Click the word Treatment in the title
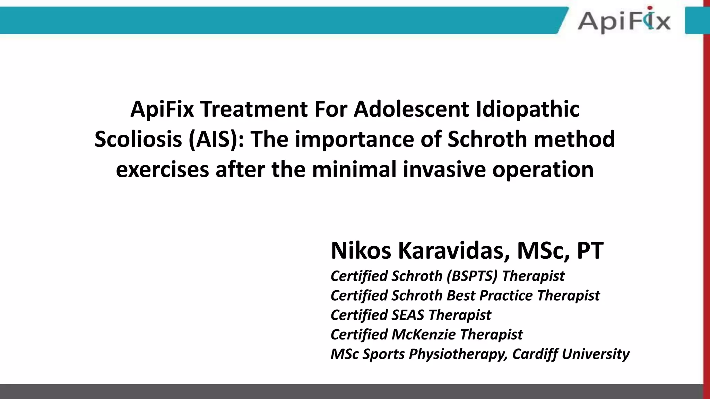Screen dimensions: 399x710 [254, 109]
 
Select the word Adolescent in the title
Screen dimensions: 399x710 [411, 109]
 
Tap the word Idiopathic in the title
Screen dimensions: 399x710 [527, 109]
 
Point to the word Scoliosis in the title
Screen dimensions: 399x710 [138, 139]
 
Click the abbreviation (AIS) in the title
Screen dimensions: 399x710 [216, 139]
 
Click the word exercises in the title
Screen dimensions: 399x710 [162, 170]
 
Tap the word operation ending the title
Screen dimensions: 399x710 [543, 170]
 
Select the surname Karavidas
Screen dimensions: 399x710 [454, 250]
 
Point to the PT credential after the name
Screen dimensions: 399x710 [590, 250]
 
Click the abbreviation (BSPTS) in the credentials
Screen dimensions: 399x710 [472, 276]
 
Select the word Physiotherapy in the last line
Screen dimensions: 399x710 [458, 354]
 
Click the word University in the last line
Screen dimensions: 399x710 [595, 354]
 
